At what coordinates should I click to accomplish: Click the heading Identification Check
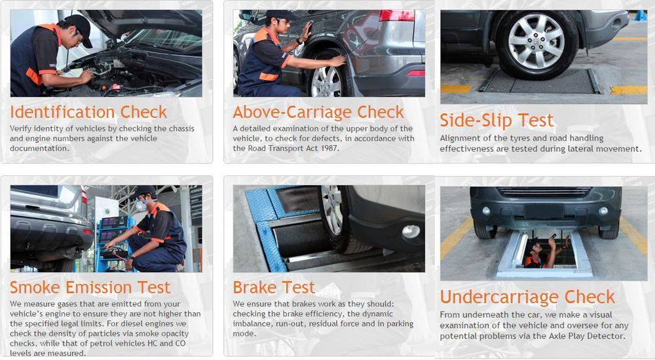88,112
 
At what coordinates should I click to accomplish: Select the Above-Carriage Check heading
318,112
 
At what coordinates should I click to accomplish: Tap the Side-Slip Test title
496,120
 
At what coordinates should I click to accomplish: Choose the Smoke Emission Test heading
90,287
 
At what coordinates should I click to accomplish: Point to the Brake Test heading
274,287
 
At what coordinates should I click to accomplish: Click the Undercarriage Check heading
527,297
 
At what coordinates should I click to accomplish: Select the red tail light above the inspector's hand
396,16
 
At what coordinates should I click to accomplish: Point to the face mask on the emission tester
141,205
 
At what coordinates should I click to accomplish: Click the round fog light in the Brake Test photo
411,231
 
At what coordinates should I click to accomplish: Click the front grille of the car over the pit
544,192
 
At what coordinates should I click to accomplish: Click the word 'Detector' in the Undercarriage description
608,336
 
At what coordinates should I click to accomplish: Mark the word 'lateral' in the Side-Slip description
582,149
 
